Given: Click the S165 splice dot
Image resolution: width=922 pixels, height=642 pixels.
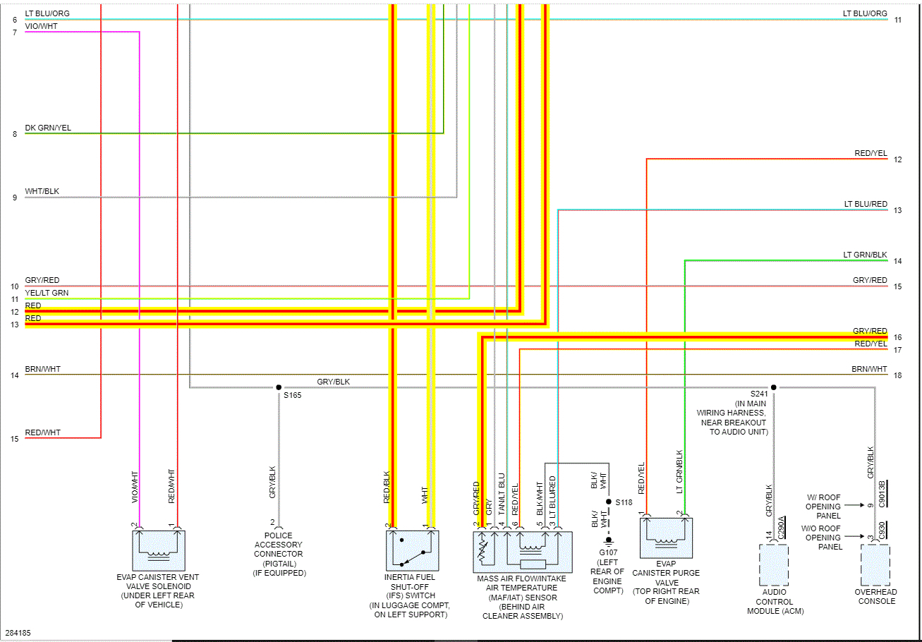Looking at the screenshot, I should pyautogui.click(x=279, y=387).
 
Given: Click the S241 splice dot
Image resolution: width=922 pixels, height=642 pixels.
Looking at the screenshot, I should pyautogui.click(x=774, y=387).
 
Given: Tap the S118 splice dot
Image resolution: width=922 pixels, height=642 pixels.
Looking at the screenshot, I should pyautogui.click(x=609, y=502).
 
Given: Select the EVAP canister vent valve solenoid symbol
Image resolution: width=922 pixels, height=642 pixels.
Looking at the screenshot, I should pyautogui.click(x=158, y=551).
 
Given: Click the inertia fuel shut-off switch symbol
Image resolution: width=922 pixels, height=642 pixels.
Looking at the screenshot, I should pyautogui.click(x=412, y=551).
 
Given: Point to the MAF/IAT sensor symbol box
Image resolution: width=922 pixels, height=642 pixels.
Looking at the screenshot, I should pyautogui.click(x=522, y=552).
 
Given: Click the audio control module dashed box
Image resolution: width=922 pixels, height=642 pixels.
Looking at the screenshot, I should pyautogui.click(x=774, y=564).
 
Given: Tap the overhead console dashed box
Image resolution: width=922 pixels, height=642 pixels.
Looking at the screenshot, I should pyautogui.click(x=875, y=564).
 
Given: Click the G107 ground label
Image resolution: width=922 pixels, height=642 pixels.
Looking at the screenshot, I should pyautogui.click(x=607, y=552).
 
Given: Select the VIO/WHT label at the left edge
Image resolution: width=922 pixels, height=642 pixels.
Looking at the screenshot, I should pyautogui.click(x=41, y=26).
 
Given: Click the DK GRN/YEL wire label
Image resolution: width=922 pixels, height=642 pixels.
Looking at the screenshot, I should pyautogui.click(x=48, y=128).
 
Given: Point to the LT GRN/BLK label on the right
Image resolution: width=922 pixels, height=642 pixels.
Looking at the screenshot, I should pyautogui.click(x=865, y=255).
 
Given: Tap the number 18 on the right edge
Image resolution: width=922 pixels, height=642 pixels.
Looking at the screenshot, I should pyautogui.click(x=897, y=375).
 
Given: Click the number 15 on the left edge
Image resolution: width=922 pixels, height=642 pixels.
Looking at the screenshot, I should pyautogui.click(x=14, y=439).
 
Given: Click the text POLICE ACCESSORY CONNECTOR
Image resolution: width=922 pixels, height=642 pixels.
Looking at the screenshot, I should pyautogui.click(x=278, y=545).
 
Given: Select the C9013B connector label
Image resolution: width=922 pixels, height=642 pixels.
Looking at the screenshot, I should pyautogui.click(x=882, y=494).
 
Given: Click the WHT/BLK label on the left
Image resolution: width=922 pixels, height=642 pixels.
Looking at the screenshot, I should pyautogui.click(x=42, y=191).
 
